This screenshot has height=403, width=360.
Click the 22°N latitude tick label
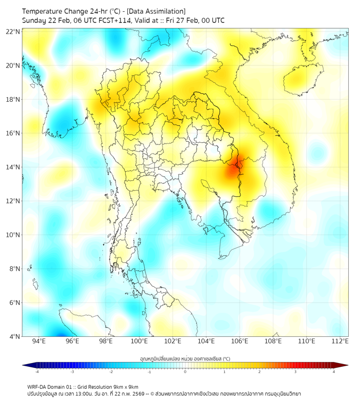tap(13, 31)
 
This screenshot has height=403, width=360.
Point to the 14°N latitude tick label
tap(13, 167)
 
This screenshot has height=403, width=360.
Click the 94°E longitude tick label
tap(39, 341)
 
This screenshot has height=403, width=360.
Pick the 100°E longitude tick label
tap(139, 341)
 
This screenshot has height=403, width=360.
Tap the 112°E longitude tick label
tap(340, 341)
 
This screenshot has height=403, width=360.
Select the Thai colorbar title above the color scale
tap(185, 359)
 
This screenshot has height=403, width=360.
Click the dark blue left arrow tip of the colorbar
tap(24, 365)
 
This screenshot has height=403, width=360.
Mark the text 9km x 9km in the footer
tap(126, 386)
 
